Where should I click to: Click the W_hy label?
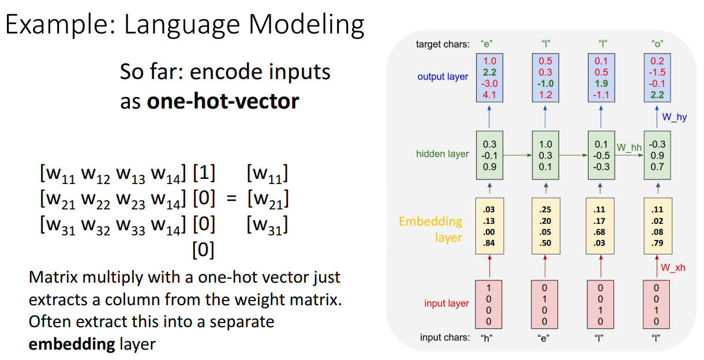(x=674, y=117)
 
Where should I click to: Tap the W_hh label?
(x=629, y=147)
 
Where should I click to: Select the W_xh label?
(x=673, y=268)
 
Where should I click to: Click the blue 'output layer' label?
(x=443, y=77)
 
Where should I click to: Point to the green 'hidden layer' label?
(x=442, y=154)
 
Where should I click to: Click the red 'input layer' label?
(x=446, y=303)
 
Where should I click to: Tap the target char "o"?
(x=657, y=44)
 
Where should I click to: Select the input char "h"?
(x=486, y=338)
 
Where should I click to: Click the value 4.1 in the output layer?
(x=489, y=95)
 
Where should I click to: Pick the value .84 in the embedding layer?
(x=489, y=243)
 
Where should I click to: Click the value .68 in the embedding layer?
(x=600, y=232)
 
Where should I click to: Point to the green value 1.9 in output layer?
(x=601, y=84)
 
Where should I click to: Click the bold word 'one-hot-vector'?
(x=223, y=101)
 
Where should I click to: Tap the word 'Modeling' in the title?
(x=306, y=25)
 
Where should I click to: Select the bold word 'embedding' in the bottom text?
(x=72, y=344)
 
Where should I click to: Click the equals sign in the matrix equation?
(x=231, y=198)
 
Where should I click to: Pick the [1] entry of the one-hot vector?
(x=204, y=172)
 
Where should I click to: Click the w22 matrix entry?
(x=96, y=200)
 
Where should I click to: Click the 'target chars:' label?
(x=443, y=44)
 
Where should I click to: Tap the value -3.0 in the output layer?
(x=489, y=84)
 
